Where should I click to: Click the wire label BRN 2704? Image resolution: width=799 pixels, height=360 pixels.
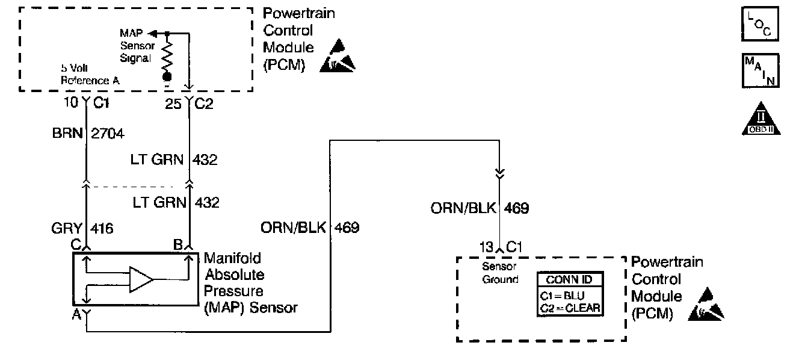(x=88, y=134)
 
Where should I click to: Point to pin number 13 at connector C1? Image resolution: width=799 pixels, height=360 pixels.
(x=485, y=246)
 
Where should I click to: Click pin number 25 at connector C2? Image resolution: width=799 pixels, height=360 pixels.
(x=173, y=103)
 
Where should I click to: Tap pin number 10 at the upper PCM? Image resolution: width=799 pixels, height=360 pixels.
(x=71, y=102)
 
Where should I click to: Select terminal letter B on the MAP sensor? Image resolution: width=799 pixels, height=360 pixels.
(x=178, y=246)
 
